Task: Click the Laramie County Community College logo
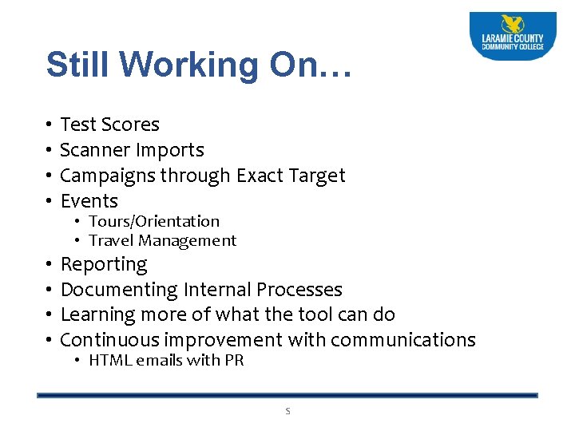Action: (x=513, y=35)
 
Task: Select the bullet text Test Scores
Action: (x=110, y=125)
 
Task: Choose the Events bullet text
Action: (x=89, y=201)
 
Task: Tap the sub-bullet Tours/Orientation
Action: (x=154, y=221)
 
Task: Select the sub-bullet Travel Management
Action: (x=163, y=240)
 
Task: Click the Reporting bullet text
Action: (x=104, y=264)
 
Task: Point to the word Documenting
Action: (x=119, y=290)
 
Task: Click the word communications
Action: (x=402, y=340)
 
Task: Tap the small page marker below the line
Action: (x=288, y=411)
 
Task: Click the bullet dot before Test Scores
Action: (x=49, y=125)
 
